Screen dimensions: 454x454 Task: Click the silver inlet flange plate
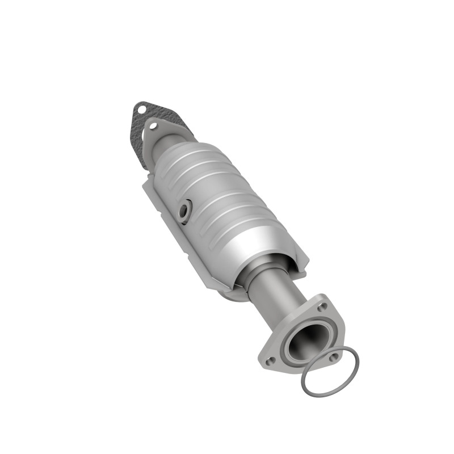165,133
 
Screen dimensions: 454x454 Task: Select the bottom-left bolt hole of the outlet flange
271,359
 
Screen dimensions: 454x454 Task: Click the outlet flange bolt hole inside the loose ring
334,356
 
